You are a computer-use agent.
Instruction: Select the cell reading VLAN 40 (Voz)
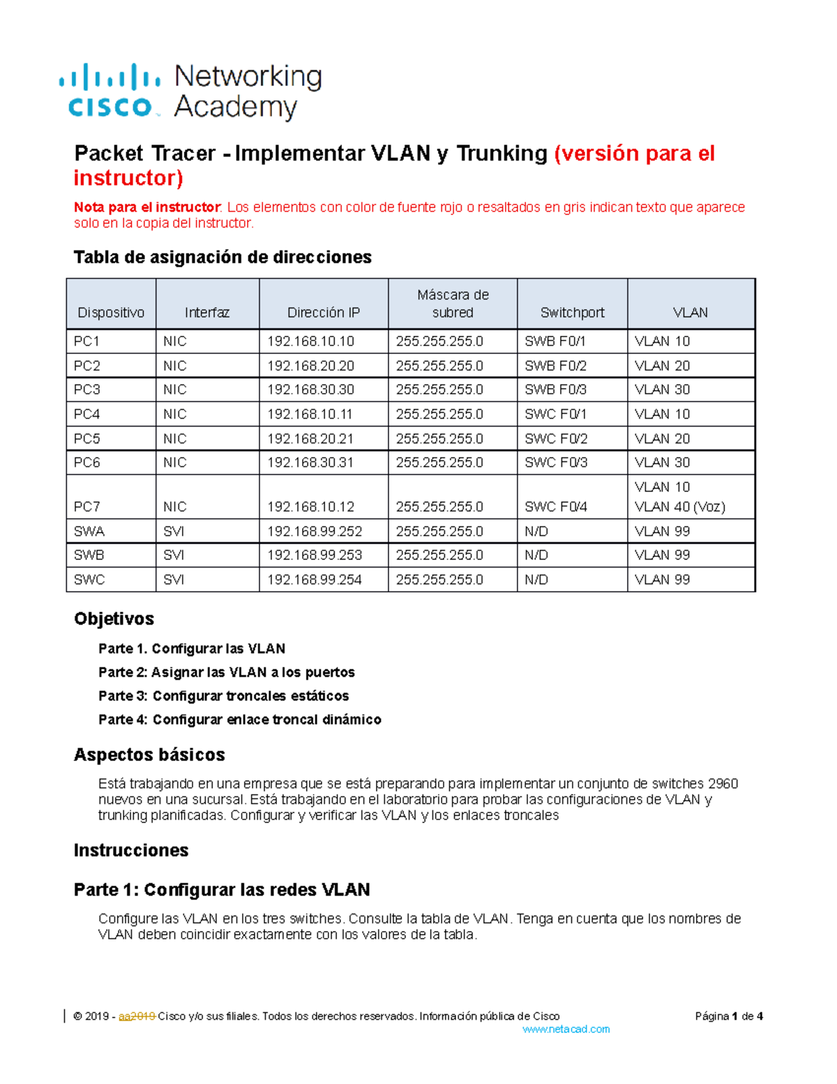click(x=679, y=507)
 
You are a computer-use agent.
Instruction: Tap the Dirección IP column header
click(x=324, y=313)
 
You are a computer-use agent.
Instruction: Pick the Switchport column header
click(x=572, y=313)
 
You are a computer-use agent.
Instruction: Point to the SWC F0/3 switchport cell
click(x=556, y=462)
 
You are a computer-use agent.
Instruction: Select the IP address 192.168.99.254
click(x=314, y=579)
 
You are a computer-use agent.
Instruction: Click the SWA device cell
click(x=89, y=531)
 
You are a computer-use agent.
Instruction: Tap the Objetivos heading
click(x=114, y=618)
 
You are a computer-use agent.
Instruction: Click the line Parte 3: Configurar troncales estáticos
click(x=223, y=696)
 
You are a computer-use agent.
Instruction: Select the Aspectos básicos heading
click(x=149, y=755)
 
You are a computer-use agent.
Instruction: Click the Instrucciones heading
click(x=131, y=850)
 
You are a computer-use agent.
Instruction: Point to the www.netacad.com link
click(x=566, y=1029)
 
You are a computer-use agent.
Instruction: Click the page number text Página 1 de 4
click(x=728, y=1016)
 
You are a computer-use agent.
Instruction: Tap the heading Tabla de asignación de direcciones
click(x=223, y=257)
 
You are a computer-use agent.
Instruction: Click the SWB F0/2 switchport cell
click(x=555, y=366)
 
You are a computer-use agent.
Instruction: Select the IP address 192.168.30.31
click(x=310, y=462)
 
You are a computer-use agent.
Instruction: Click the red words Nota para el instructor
click(x=147, y=207)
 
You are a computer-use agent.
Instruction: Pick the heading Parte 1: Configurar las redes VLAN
click(x=222, y=889)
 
